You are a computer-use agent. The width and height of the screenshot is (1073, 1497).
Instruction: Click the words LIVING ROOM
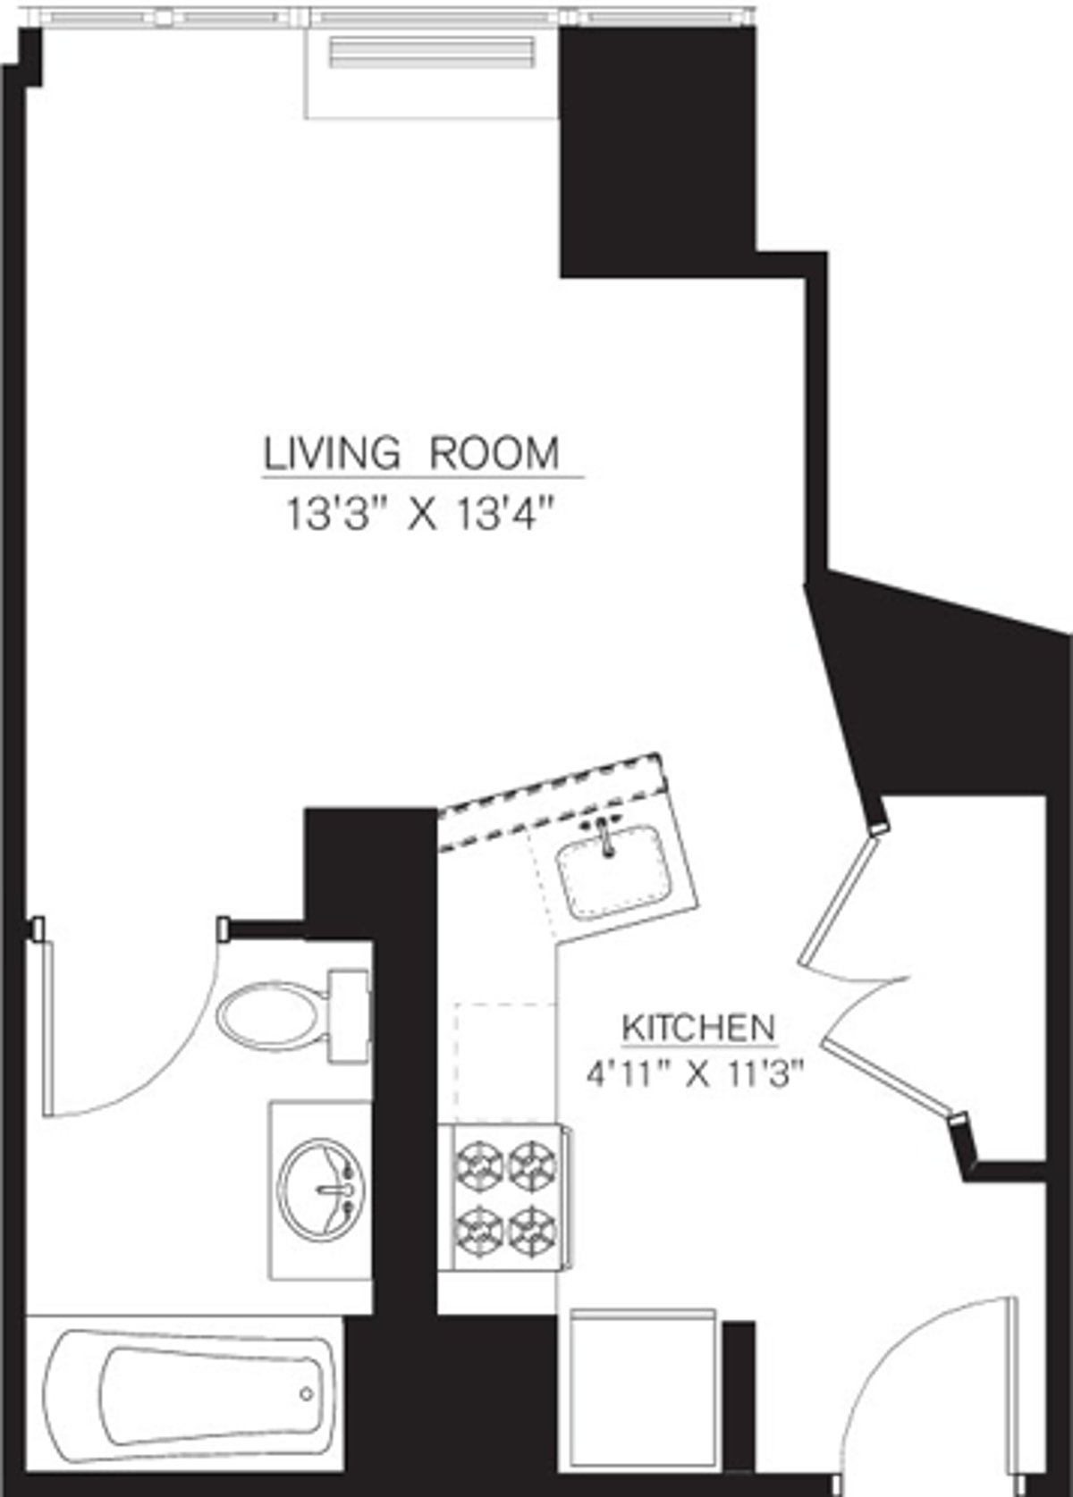coord(411,453)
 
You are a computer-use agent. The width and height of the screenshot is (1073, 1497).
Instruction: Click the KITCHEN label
coord(698,1027)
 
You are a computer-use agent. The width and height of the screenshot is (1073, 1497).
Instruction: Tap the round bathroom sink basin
coord(320,1188)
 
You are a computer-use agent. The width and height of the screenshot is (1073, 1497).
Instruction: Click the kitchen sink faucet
coord(607,838)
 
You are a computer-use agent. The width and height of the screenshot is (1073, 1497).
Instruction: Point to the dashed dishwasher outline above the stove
coord(505,1059)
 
